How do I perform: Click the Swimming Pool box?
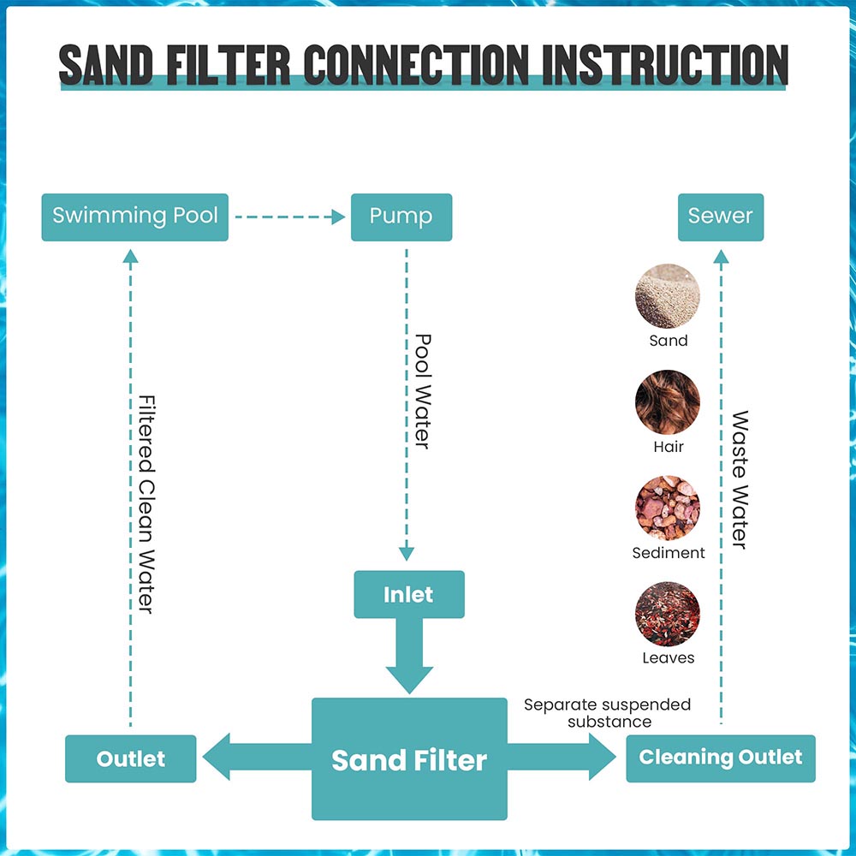135,217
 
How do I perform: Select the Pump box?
401,217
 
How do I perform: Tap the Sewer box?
720,217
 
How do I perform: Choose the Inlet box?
409,594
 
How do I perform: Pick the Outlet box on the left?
131,758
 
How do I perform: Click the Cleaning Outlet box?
720,758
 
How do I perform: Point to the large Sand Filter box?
409,758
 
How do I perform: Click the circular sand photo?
668,297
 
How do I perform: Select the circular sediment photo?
668,508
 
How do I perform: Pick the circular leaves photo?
668,615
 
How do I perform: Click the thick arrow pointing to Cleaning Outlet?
562,758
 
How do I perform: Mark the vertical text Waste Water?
740,479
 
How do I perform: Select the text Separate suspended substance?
607,713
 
